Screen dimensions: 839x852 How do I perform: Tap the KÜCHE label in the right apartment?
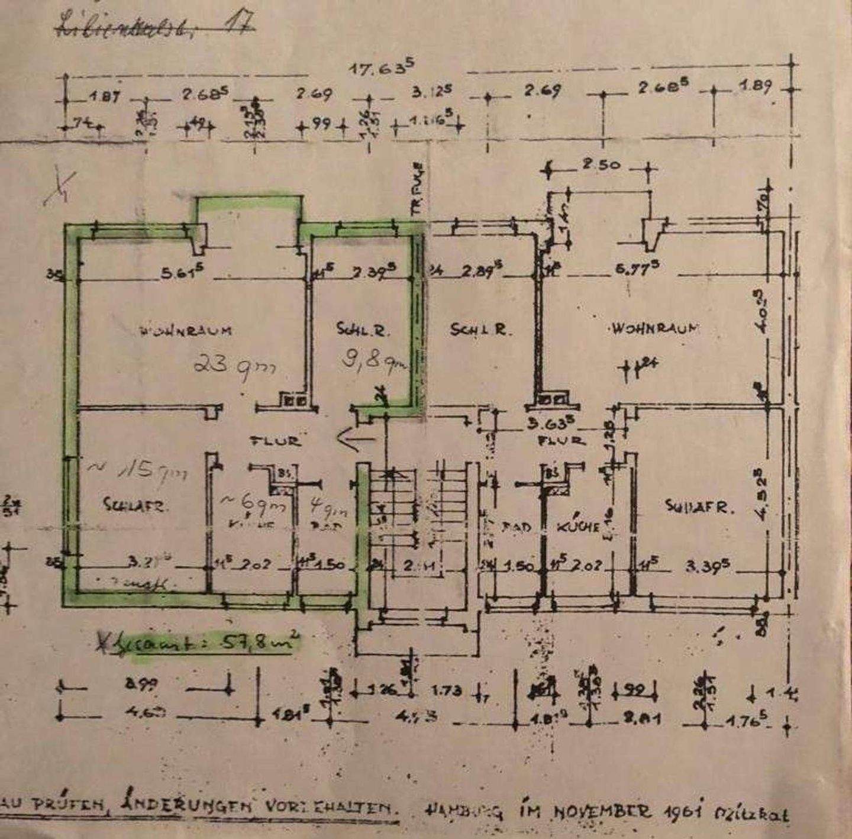click(x=578, y=526)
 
